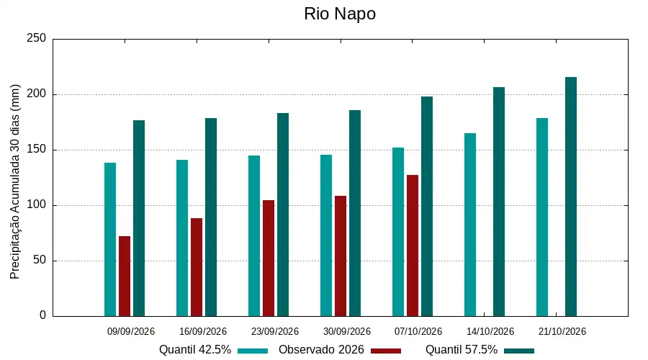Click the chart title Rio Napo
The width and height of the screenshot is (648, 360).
(x=340, y=14)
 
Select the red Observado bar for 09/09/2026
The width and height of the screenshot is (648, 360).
(x=125, y=276)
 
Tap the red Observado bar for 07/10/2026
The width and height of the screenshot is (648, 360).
(x=413, y=246)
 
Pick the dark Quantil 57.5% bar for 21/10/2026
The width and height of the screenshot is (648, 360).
(x=571, y=197)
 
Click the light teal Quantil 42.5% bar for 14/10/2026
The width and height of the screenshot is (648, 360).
(x=470, y=225)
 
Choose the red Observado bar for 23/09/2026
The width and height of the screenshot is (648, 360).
(x=269, y=258)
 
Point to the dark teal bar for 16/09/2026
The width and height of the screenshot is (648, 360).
(x=211, y=217)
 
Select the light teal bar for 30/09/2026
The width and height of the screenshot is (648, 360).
(x=326, y=235)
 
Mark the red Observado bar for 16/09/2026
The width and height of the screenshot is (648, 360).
(x=197, y=267)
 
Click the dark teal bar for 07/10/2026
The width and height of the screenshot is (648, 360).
(x=427, y=206)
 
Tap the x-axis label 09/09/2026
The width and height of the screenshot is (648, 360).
(x=131, y=331)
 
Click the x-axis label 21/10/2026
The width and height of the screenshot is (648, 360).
(x=562, y=331)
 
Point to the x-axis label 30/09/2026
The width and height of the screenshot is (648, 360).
(x=347, y=331)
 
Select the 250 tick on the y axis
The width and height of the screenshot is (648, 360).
(x=37, y=38)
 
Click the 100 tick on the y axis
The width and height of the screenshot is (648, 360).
(x=37, y=205)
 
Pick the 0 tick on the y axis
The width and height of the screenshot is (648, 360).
(x=43, y=316)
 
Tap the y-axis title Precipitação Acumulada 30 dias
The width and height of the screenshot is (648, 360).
(x=15, y=182)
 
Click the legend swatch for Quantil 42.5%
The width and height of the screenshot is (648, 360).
(x=253, y=351)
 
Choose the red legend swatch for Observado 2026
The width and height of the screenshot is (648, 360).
(x=386, y=351)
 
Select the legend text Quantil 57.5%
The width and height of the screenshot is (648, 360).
(x=462, y=350)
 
